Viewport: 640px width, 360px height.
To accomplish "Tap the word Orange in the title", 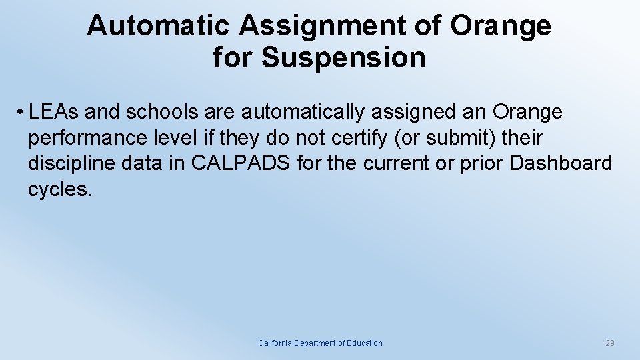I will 501,26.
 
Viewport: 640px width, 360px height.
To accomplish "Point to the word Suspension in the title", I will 343,57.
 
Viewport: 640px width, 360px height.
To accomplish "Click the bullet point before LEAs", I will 21,113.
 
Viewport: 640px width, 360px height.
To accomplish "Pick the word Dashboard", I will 560,163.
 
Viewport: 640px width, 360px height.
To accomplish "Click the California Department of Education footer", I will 320,343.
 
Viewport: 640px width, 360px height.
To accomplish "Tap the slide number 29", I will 609,343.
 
